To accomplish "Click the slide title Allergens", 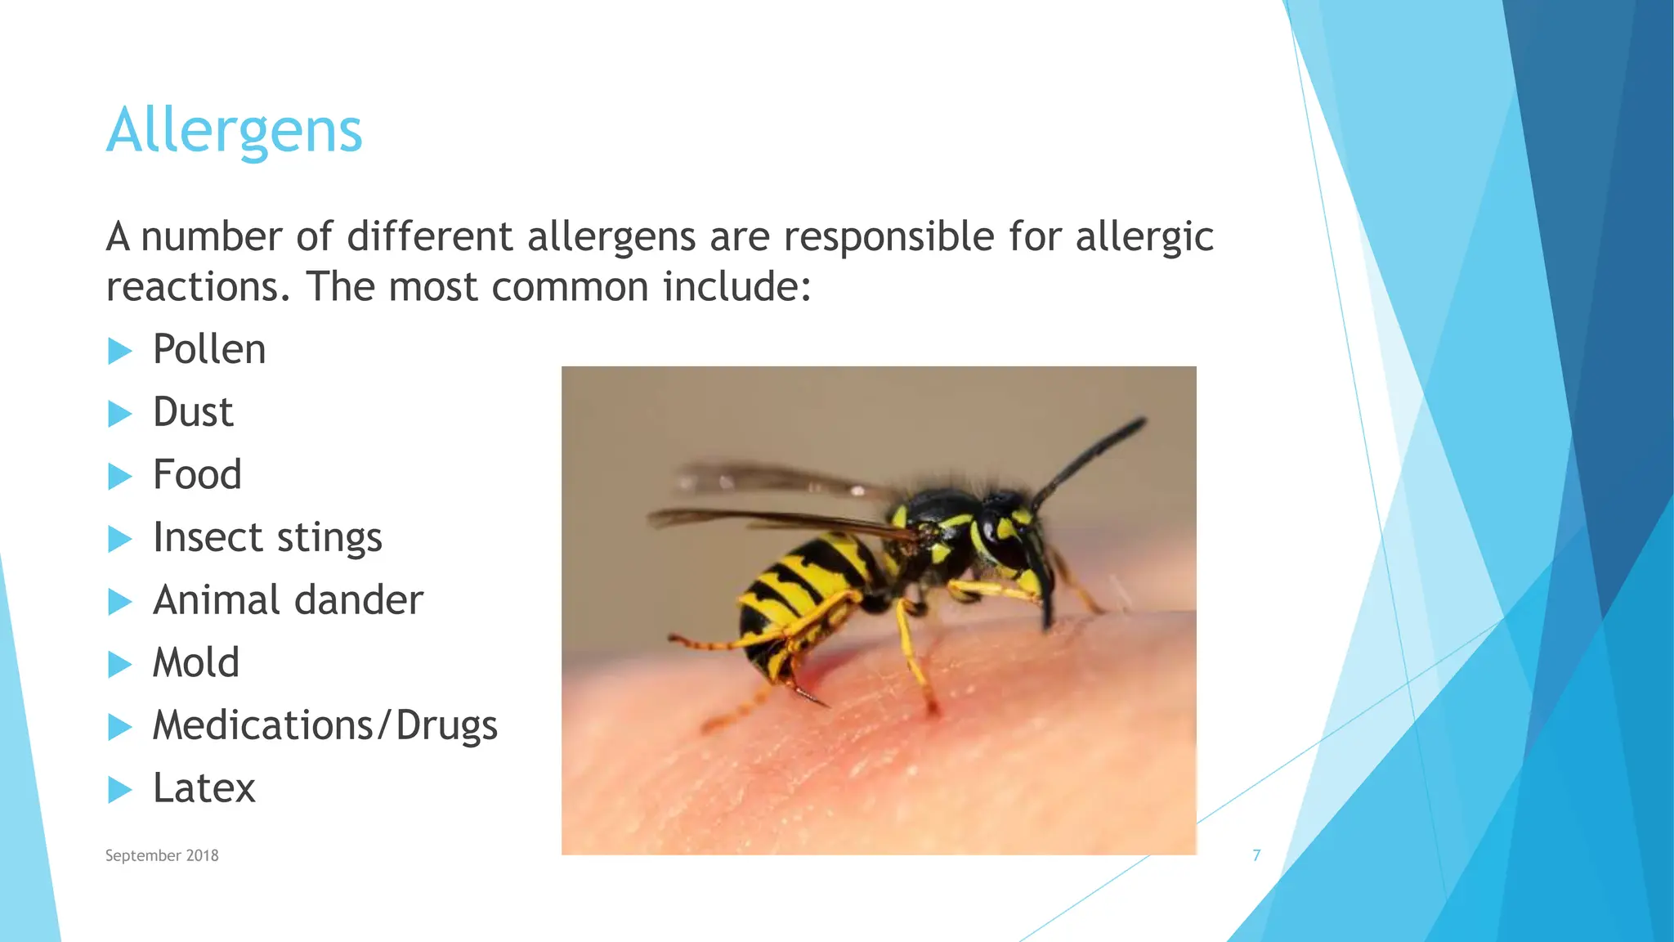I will (x=234, y=131).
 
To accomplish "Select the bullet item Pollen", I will (x=209, y=350).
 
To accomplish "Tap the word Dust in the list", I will (x=193, y=412).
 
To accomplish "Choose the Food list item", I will (x=197, y=475).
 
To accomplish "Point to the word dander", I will (x=358, y=600).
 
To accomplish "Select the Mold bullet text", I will (x=196, y=663).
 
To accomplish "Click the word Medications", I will (x=262, y=725).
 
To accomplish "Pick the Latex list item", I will (x=204, y=788).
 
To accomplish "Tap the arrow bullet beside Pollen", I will (x=119, y=352).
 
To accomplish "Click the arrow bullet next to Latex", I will (x=119, y=790).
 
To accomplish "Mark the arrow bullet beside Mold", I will (x=119, y=665).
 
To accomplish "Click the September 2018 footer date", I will (x=162, y=855).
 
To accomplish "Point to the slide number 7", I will (x=1256, y=855).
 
